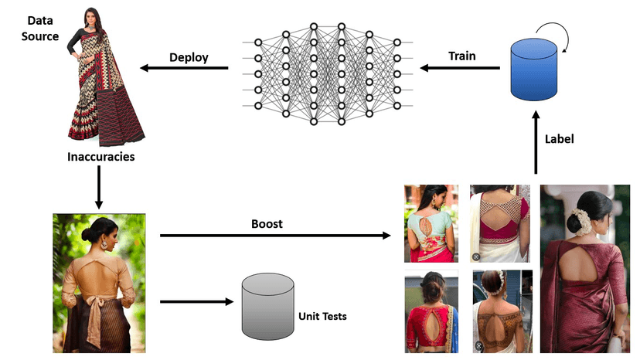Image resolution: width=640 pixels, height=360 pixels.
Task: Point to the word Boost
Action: coord(267,224)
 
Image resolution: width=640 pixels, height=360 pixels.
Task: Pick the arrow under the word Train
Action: coord(459,70)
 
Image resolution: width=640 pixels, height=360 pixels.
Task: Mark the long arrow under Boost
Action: coord(275,235)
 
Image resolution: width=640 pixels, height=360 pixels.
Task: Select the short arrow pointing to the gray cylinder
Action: coord(197,301)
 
